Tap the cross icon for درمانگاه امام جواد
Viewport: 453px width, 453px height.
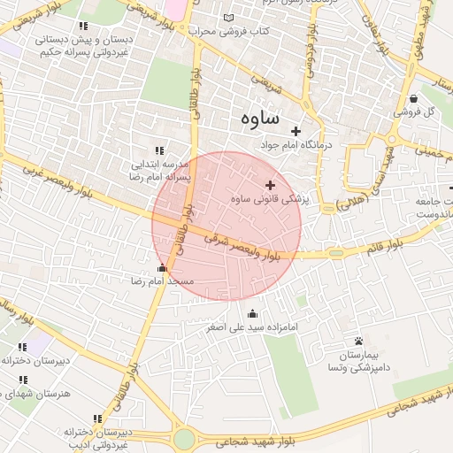click(x=296, y=132)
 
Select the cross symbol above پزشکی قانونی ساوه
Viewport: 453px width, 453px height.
click(x=270, y=185)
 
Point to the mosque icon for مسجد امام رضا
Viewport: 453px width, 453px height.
click(x=161, y=268)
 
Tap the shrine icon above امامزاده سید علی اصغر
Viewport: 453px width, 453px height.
click(x=253, y=312)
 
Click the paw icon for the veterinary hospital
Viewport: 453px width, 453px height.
click(x=358, y=341)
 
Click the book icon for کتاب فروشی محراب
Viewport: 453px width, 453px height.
click(x=230, y=18)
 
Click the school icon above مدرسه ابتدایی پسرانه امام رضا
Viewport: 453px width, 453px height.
click(x=159, y=151)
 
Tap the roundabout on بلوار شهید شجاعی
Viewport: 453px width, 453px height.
click(x=184, y=438)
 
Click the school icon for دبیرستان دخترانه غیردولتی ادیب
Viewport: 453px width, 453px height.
click(x=96, y=418)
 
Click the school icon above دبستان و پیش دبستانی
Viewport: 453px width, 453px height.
click(x=84, y=26)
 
